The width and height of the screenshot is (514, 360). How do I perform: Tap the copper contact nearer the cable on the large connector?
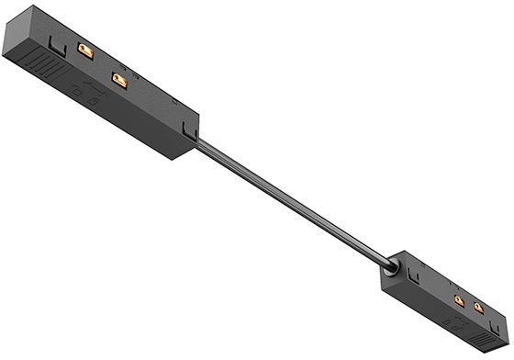pyautogui.click(x=118, y=81)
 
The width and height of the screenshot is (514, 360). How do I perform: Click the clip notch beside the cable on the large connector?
pyautogui.click(x=188, y=129)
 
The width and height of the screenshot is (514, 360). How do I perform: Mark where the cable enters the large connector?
pyautogui.click(x=198, y=141)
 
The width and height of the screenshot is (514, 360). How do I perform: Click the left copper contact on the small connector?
pyautogui.click(x=459, y=299)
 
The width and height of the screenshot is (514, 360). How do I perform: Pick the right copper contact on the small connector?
pyautogui.click(x=478, y=309)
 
